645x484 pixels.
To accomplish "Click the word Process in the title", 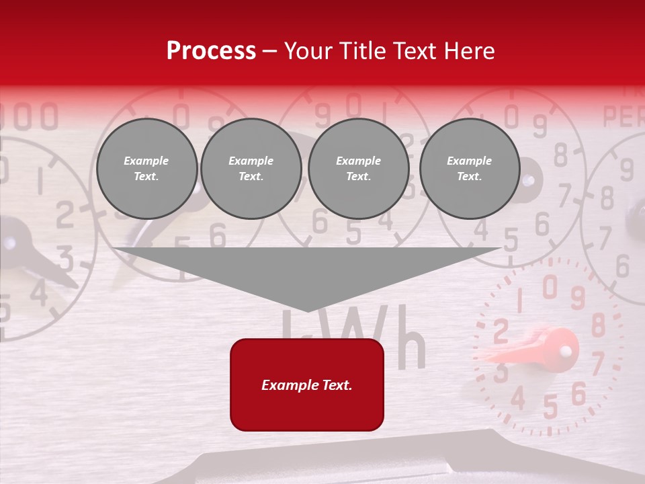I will pyautogui.click(x=211, y=51).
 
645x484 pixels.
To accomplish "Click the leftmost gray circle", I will pyautogui.click(x=146, y=169).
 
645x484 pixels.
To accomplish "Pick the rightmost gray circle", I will pyautogui.click(x=469, y=169).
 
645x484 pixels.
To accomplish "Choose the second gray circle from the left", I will pyautogui.click(x=251, y=169).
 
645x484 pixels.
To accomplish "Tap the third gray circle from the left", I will pyautogui.click(x=358, y=169).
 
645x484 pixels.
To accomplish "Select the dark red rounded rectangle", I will pyautogui.click(x=307, y=385).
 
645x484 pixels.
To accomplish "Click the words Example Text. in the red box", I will pyautogui.click(x=307, y=385).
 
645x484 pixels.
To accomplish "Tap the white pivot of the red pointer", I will pyautogui.click(x=566, y=350).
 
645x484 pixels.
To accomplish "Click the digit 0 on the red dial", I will pyautogui.click(x=550, y=287).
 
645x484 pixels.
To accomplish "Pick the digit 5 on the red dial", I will pyautogui.click(x=550, y=407).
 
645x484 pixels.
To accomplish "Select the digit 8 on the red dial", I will pyautogui.click(x=597, y=325).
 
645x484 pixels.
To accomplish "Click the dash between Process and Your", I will pyautogui.click(x=269, y=51).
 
